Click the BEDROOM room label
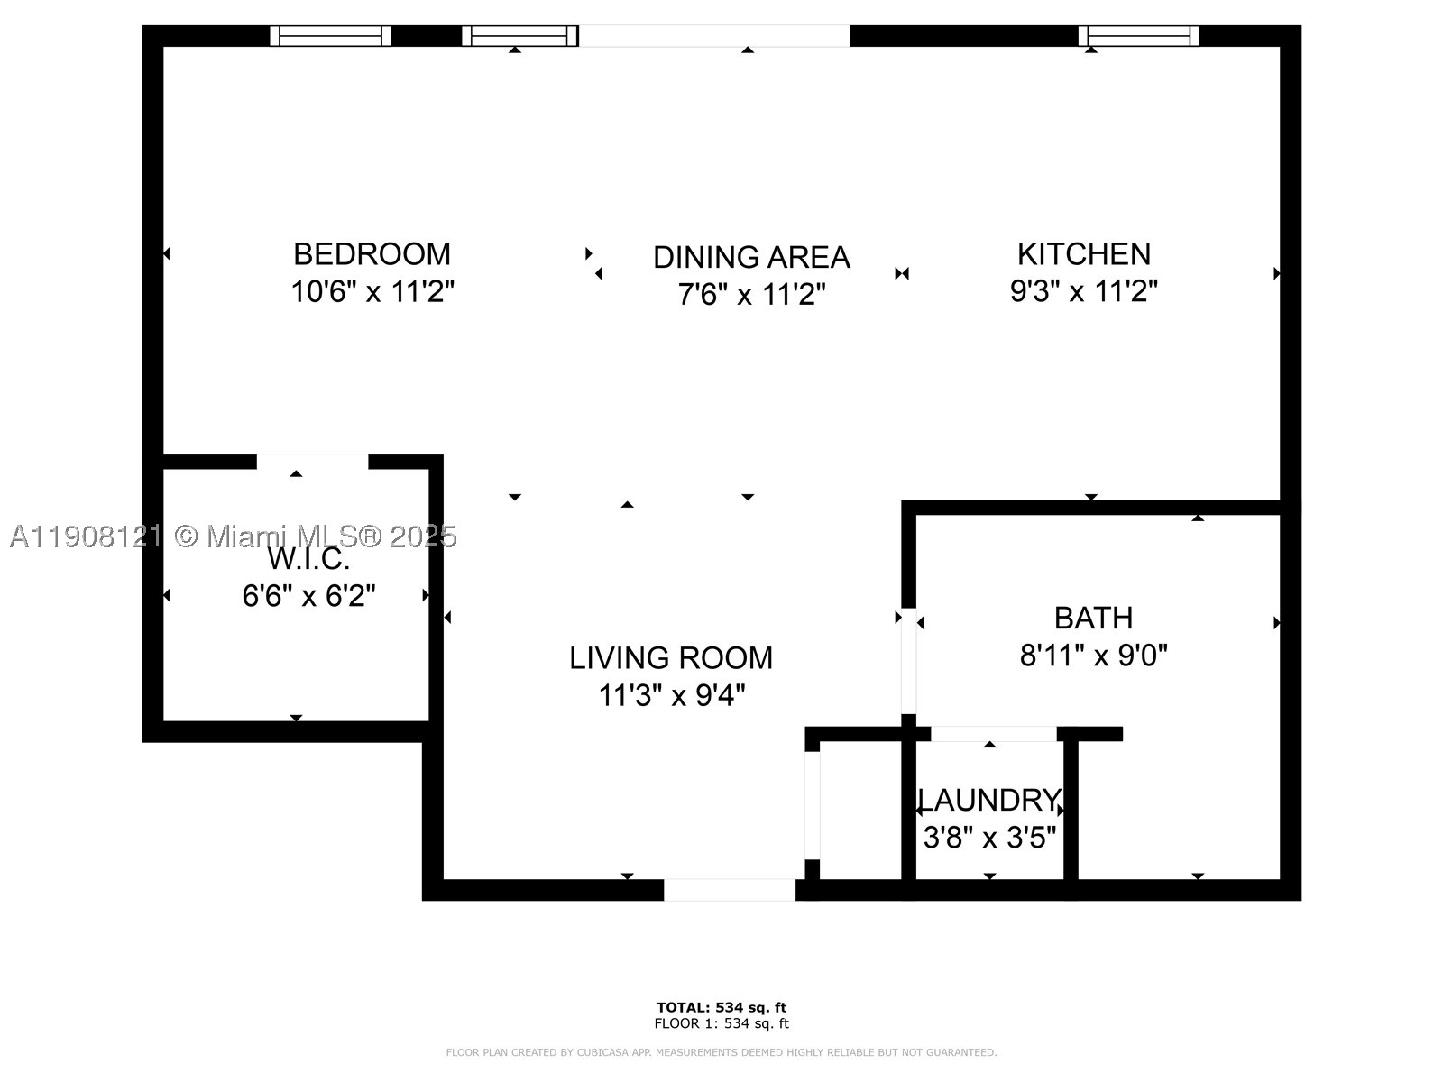[x=372, y=254]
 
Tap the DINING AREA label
[x=751, y=258]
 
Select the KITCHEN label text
[x=1084, y=254]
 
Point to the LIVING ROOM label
[x=671, y=658]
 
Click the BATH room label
[x=1093, y=619]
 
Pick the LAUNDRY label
[x=989, y=800]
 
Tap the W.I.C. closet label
[x=308, y=559]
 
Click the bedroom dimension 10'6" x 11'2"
[x=372, y=291]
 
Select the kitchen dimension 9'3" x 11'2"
[x=1083, y=289]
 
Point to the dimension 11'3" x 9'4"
[x=671, y=694]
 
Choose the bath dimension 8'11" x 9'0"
[x=1093, y=655]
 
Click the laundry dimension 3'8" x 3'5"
[x=989, y=837]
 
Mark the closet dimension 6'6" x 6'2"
[x=308, y=596]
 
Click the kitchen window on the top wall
[x=1139, y=36]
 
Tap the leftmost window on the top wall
[x=330, y=36]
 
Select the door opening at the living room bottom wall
[x=730, y=890]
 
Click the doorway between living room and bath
[x=908, y=661]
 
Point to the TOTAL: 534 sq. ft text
[x=721, y=1007]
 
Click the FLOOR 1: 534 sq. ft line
[x=721, y=1022]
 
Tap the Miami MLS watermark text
[x=234, y=536]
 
